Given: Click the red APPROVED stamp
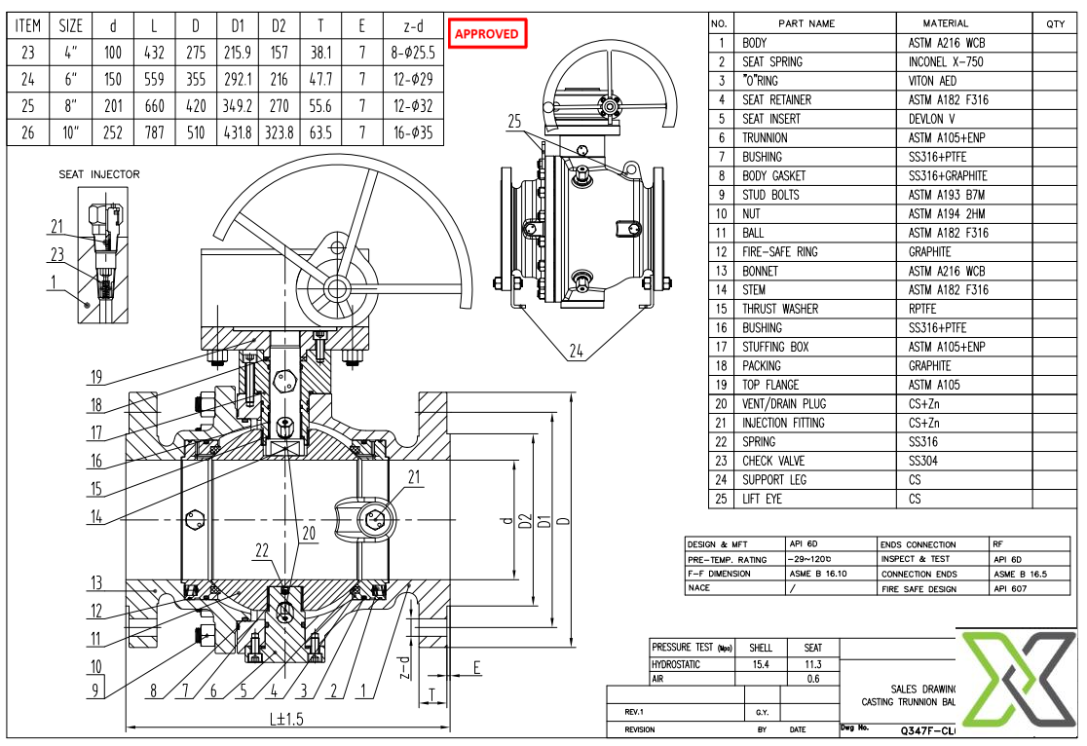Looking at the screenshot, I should (487, 33).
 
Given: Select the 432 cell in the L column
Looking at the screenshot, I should (154, 54).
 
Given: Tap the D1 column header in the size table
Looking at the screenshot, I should (237, 25).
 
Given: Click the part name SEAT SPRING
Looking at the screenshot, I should (772, 61).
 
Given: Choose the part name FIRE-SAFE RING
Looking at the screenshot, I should (780, 252).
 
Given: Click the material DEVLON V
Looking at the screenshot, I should (932, 119).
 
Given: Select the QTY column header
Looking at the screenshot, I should (1056, 23).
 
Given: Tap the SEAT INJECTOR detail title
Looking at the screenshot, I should (99, 174).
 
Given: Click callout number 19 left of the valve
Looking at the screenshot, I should (96, 377).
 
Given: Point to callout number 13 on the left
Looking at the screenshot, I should (95, 583).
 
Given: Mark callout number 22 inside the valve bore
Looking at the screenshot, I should (262, 550).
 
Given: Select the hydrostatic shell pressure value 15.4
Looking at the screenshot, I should (761, 663).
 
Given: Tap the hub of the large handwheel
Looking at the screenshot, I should (336, 287).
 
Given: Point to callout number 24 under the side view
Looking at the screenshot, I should (577, 352).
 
